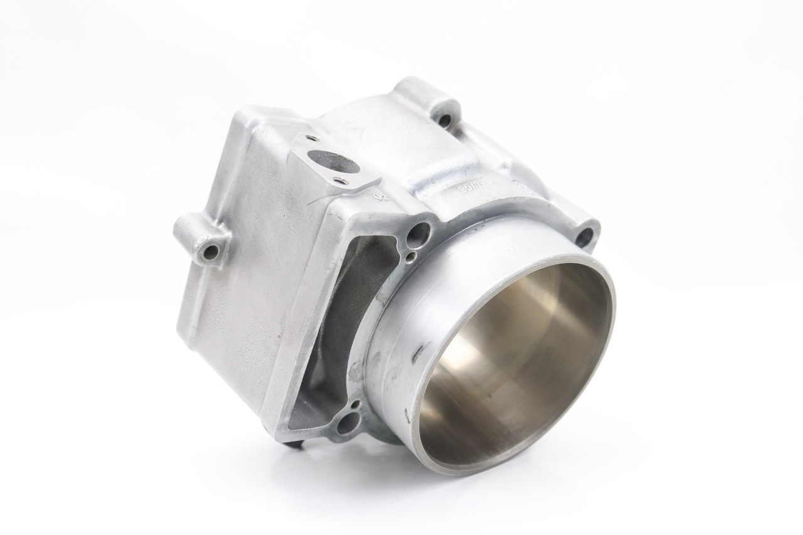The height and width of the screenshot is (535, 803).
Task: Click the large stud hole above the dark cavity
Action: (417, 234)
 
